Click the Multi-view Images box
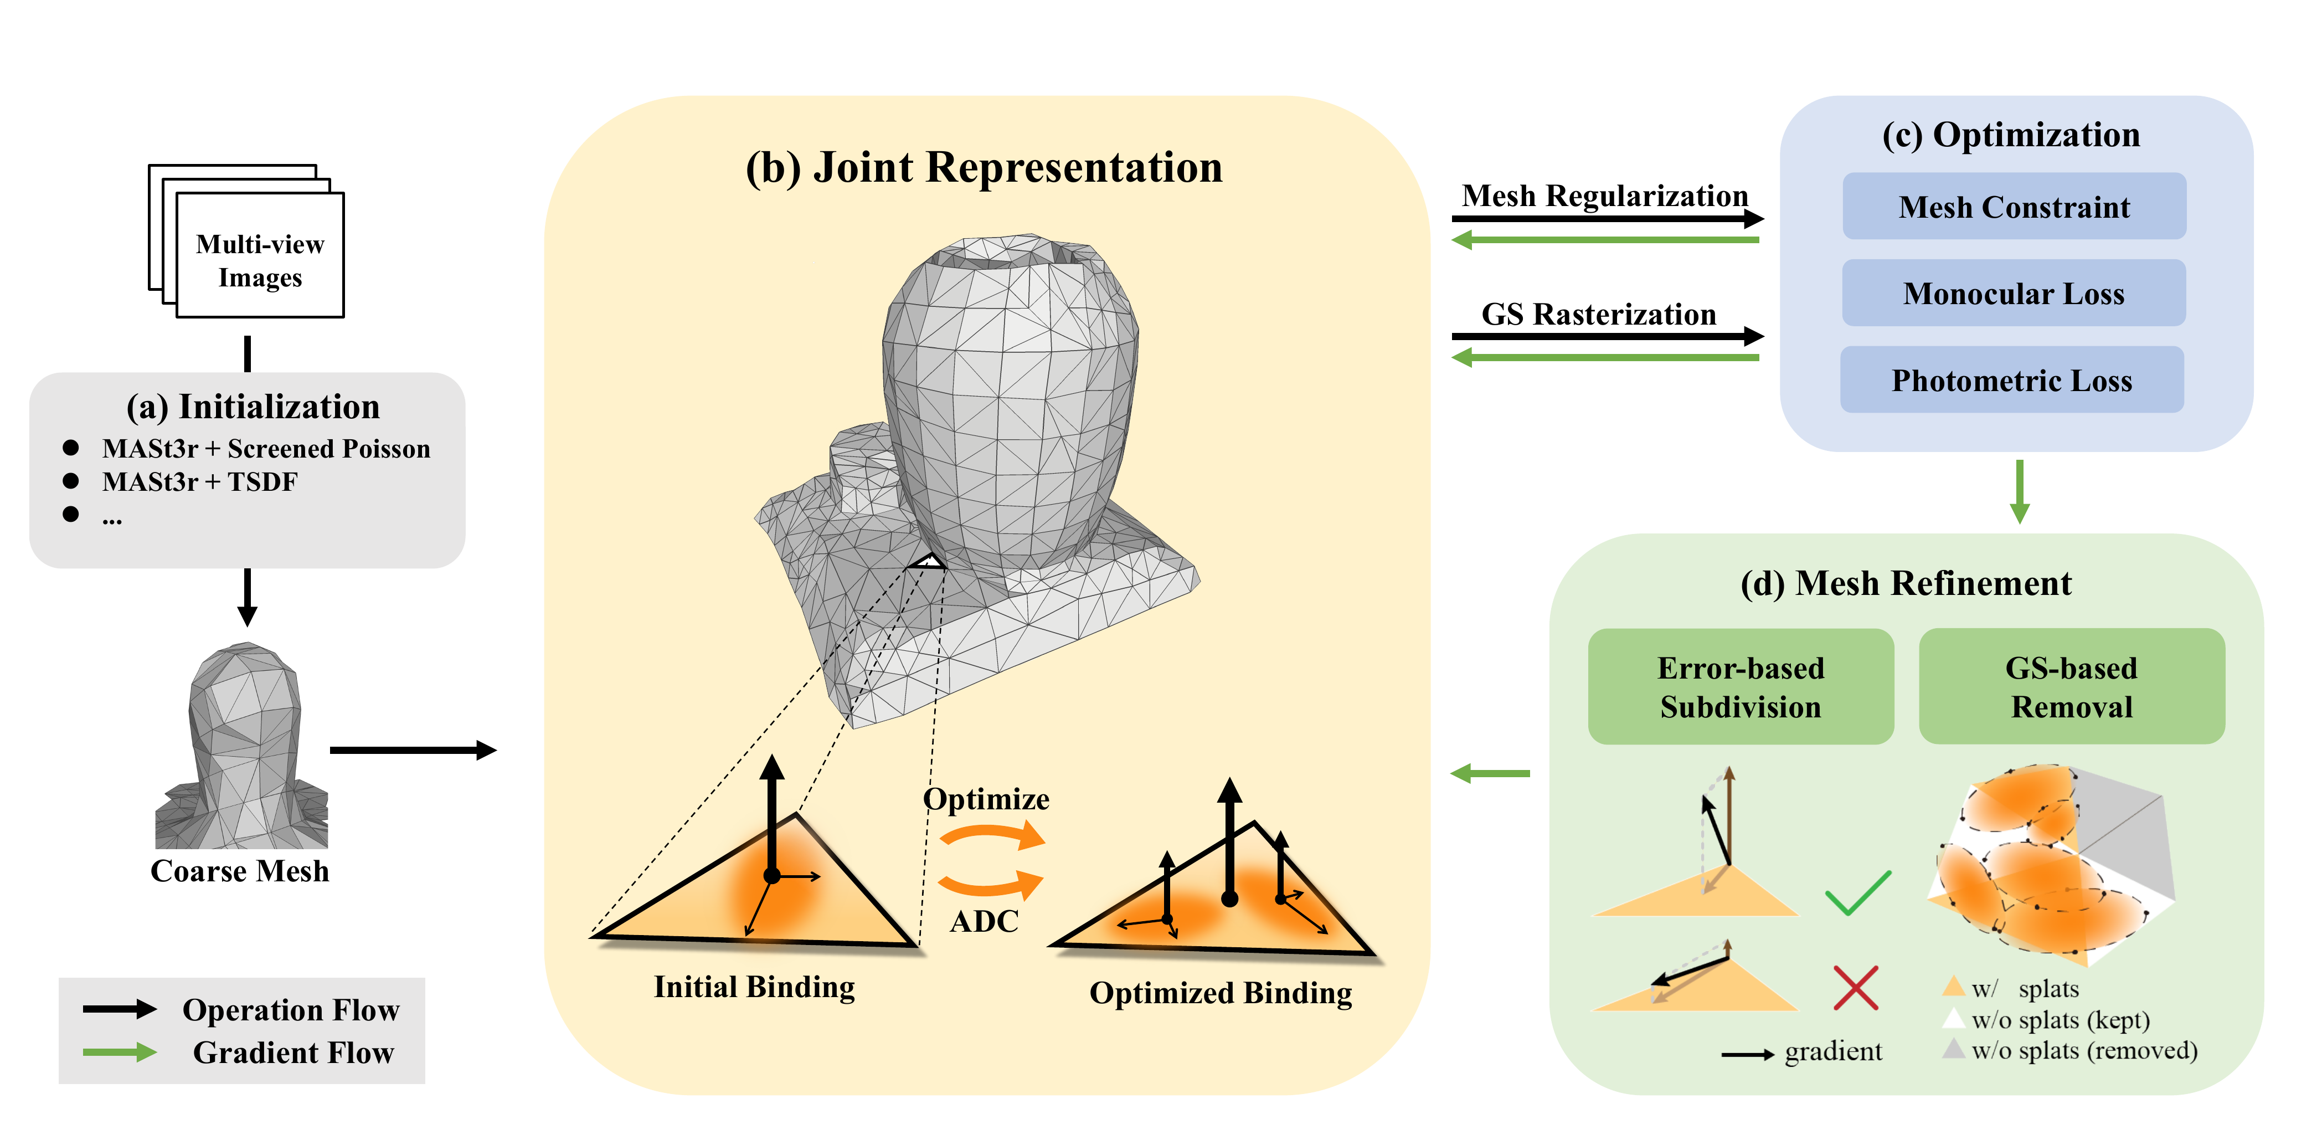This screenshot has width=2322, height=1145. click(260, 255)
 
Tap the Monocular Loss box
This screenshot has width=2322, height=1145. click(2014, 293)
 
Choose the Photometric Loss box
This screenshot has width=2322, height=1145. click(2012, 379)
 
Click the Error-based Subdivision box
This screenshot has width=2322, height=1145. click(1741, 687)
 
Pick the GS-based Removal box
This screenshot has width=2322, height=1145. click(2071, 687)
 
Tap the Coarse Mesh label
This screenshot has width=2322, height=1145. click(240, 871)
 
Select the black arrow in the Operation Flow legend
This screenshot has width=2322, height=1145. click(120, 1009)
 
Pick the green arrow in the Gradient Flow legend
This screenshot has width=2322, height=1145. click(120, 1052)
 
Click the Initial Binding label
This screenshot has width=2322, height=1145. click(754, 987)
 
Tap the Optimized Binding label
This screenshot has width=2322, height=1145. click(1221, 993)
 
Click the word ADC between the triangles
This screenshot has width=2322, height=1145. click(984, 921)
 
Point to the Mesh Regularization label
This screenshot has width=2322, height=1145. click(1604, 196)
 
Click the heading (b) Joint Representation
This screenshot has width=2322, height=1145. click(984, 168)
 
